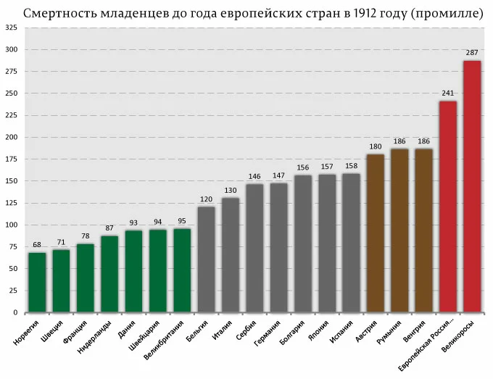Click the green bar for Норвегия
[37, 283]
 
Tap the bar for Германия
[278, 247]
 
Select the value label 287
[472, 53]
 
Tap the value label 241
[448, 93]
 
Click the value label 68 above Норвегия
[37, 245]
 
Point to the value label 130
[230, 191]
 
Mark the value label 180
[376, 147]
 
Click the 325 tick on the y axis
[12, 28]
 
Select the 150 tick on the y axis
[12, 181]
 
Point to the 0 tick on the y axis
[16, 312]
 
